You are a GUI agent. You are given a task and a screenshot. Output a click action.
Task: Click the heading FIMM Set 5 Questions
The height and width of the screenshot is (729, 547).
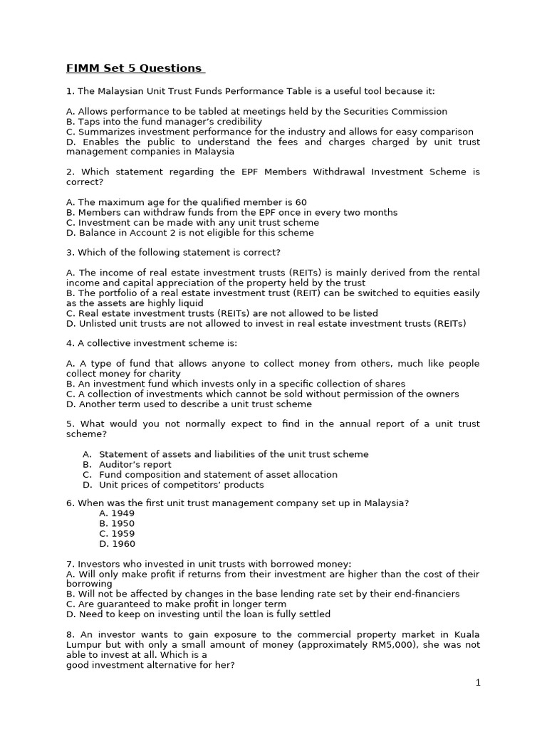(134, 68)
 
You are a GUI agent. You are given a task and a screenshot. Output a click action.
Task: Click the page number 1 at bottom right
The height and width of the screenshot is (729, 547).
(478, 683)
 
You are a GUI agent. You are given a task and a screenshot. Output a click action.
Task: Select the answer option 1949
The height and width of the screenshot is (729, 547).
(117, 513)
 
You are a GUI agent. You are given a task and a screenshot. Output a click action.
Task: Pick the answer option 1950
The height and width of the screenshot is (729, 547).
(117, 523)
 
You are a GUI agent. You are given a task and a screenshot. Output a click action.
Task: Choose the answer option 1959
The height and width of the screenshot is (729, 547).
(117, 533)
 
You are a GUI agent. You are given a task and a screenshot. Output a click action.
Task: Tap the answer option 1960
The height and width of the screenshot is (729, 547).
(117, 544)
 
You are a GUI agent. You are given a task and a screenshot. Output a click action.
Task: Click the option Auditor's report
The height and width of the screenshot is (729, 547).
(135, 464)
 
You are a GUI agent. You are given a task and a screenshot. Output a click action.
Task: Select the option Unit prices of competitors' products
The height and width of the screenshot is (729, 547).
(181, 485)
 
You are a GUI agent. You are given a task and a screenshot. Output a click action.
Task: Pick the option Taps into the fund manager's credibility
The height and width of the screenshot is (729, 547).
(164, 122)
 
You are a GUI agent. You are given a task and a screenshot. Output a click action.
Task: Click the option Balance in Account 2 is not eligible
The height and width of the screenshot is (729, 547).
(189, 233)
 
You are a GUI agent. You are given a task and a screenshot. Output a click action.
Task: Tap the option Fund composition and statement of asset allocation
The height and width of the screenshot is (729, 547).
(218, 474)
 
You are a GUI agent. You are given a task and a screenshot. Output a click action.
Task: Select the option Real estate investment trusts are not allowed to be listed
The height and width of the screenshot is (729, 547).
(222, 313)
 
